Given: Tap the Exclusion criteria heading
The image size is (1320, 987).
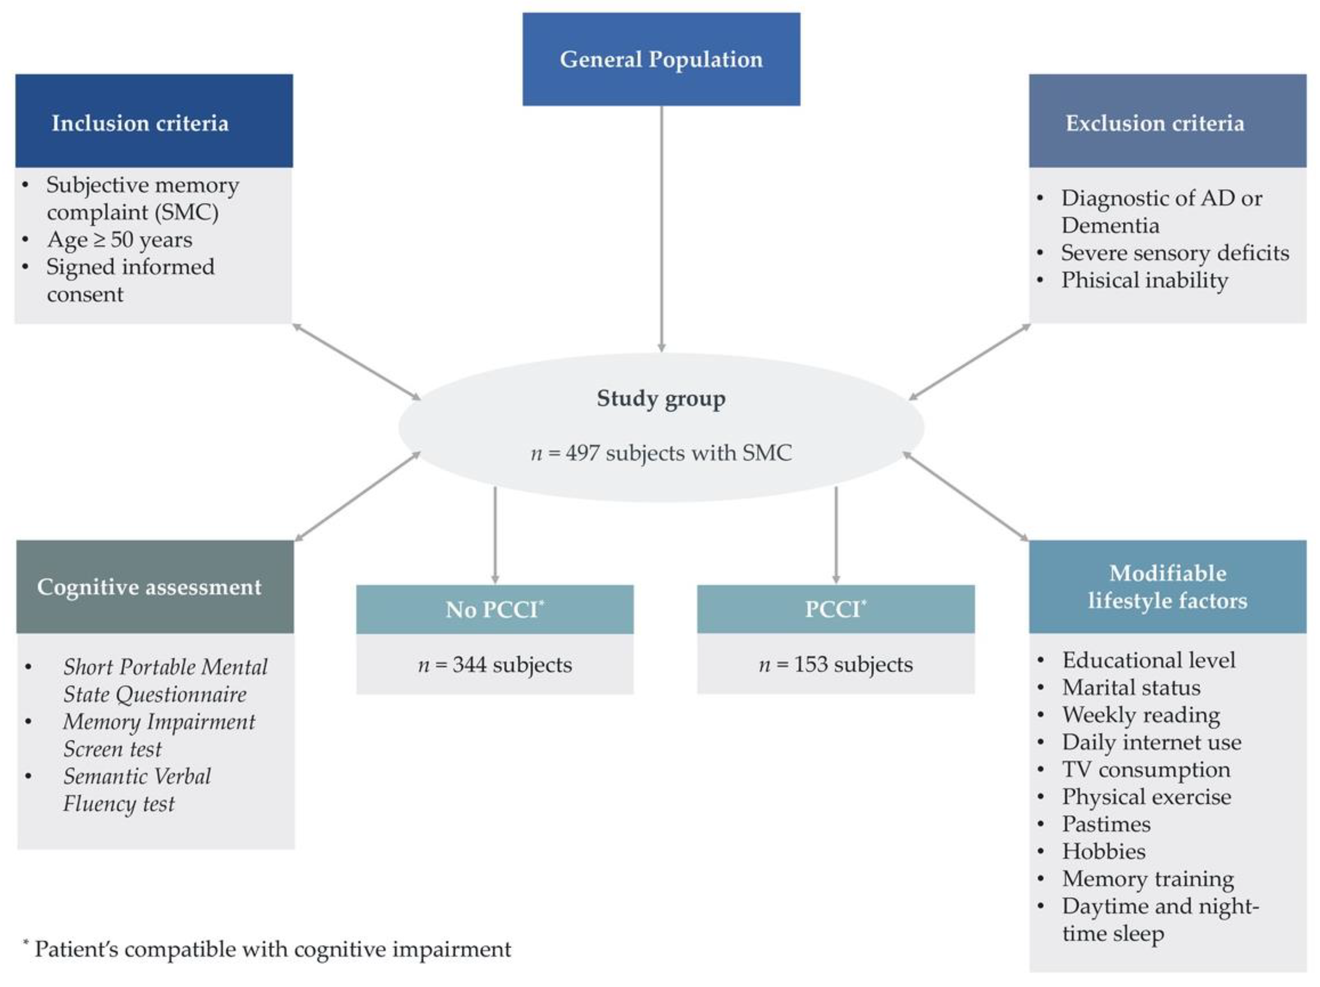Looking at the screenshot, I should [x=1155, y=123].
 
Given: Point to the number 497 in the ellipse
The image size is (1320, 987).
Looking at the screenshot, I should [x=582, y=453].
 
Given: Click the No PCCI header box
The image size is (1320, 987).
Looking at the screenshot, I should [x=495, y=609].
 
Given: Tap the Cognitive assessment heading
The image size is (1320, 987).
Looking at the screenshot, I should [x=149, y=587].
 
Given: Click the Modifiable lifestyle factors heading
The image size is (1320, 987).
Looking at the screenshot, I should [x=1167, y=587].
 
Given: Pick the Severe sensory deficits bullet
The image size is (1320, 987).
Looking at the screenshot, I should [x=1174, y=253].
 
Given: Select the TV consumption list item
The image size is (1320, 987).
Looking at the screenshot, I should [x=1146, y=769].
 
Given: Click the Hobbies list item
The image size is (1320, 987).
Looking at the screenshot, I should [x=1104, y=851].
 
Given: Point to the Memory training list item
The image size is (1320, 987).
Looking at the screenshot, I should [x=1148, y=879].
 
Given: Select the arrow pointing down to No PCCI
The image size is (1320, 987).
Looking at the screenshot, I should [x=495, y=534].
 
